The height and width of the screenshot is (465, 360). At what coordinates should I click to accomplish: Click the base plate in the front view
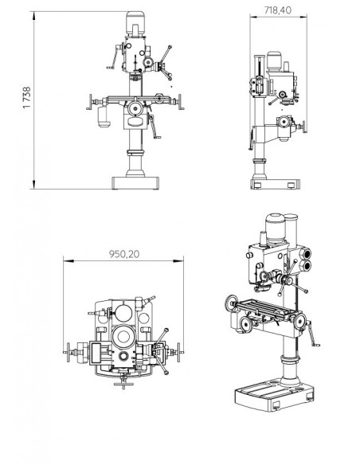click(x=134, y=182)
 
